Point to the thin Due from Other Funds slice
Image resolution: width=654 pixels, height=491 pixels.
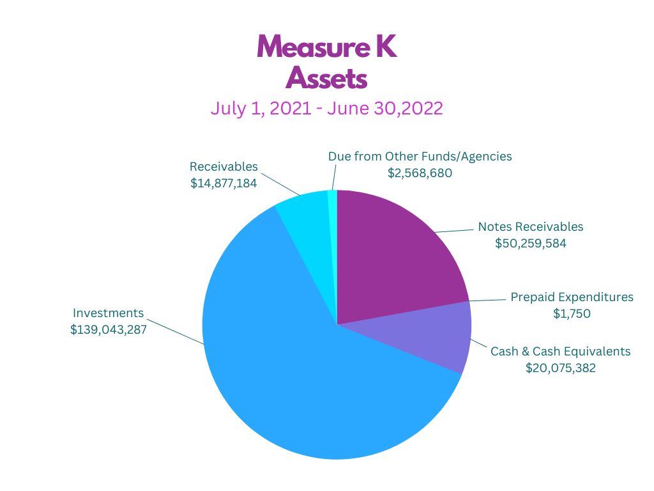(x=332, y=205)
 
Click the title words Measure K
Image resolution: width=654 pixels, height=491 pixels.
(x=327, y=47)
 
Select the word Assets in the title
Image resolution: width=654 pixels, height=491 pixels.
(x=327, y=79)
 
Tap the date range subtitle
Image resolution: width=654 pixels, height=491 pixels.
(x=327, y=108)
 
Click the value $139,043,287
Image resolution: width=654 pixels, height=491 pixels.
(x=109, y=330)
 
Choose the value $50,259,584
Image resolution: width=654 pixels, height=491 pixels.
(x=531, y=244)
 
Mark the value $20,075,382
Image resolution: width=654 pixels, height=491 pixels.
(x=561, y=368)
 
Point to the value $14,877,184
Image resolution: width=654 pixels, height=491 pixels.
(x=224, y=183)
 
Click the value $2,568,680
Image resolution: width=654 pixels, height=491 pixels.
(x=420, y=173)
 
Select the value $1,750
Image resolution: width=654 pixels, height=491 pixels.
(x=572, y=314)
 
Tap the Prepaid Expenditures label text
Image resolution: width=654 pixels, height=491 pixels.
(x=572, y=297)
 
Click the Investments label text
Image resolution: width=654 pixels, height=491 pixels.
(x=109, y=313)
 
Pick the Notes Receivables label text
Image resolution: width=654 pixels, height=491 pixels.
(x=531, y=227)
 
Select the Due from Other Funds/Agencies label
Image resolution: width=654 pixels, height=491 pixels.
(x=420, y=156)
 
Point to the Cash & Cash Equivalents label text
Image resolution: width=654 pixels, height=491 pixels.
(x=560, y=351)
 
